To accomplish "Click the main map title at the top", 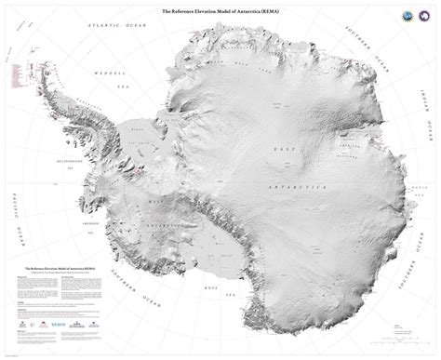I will (220, 10).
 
